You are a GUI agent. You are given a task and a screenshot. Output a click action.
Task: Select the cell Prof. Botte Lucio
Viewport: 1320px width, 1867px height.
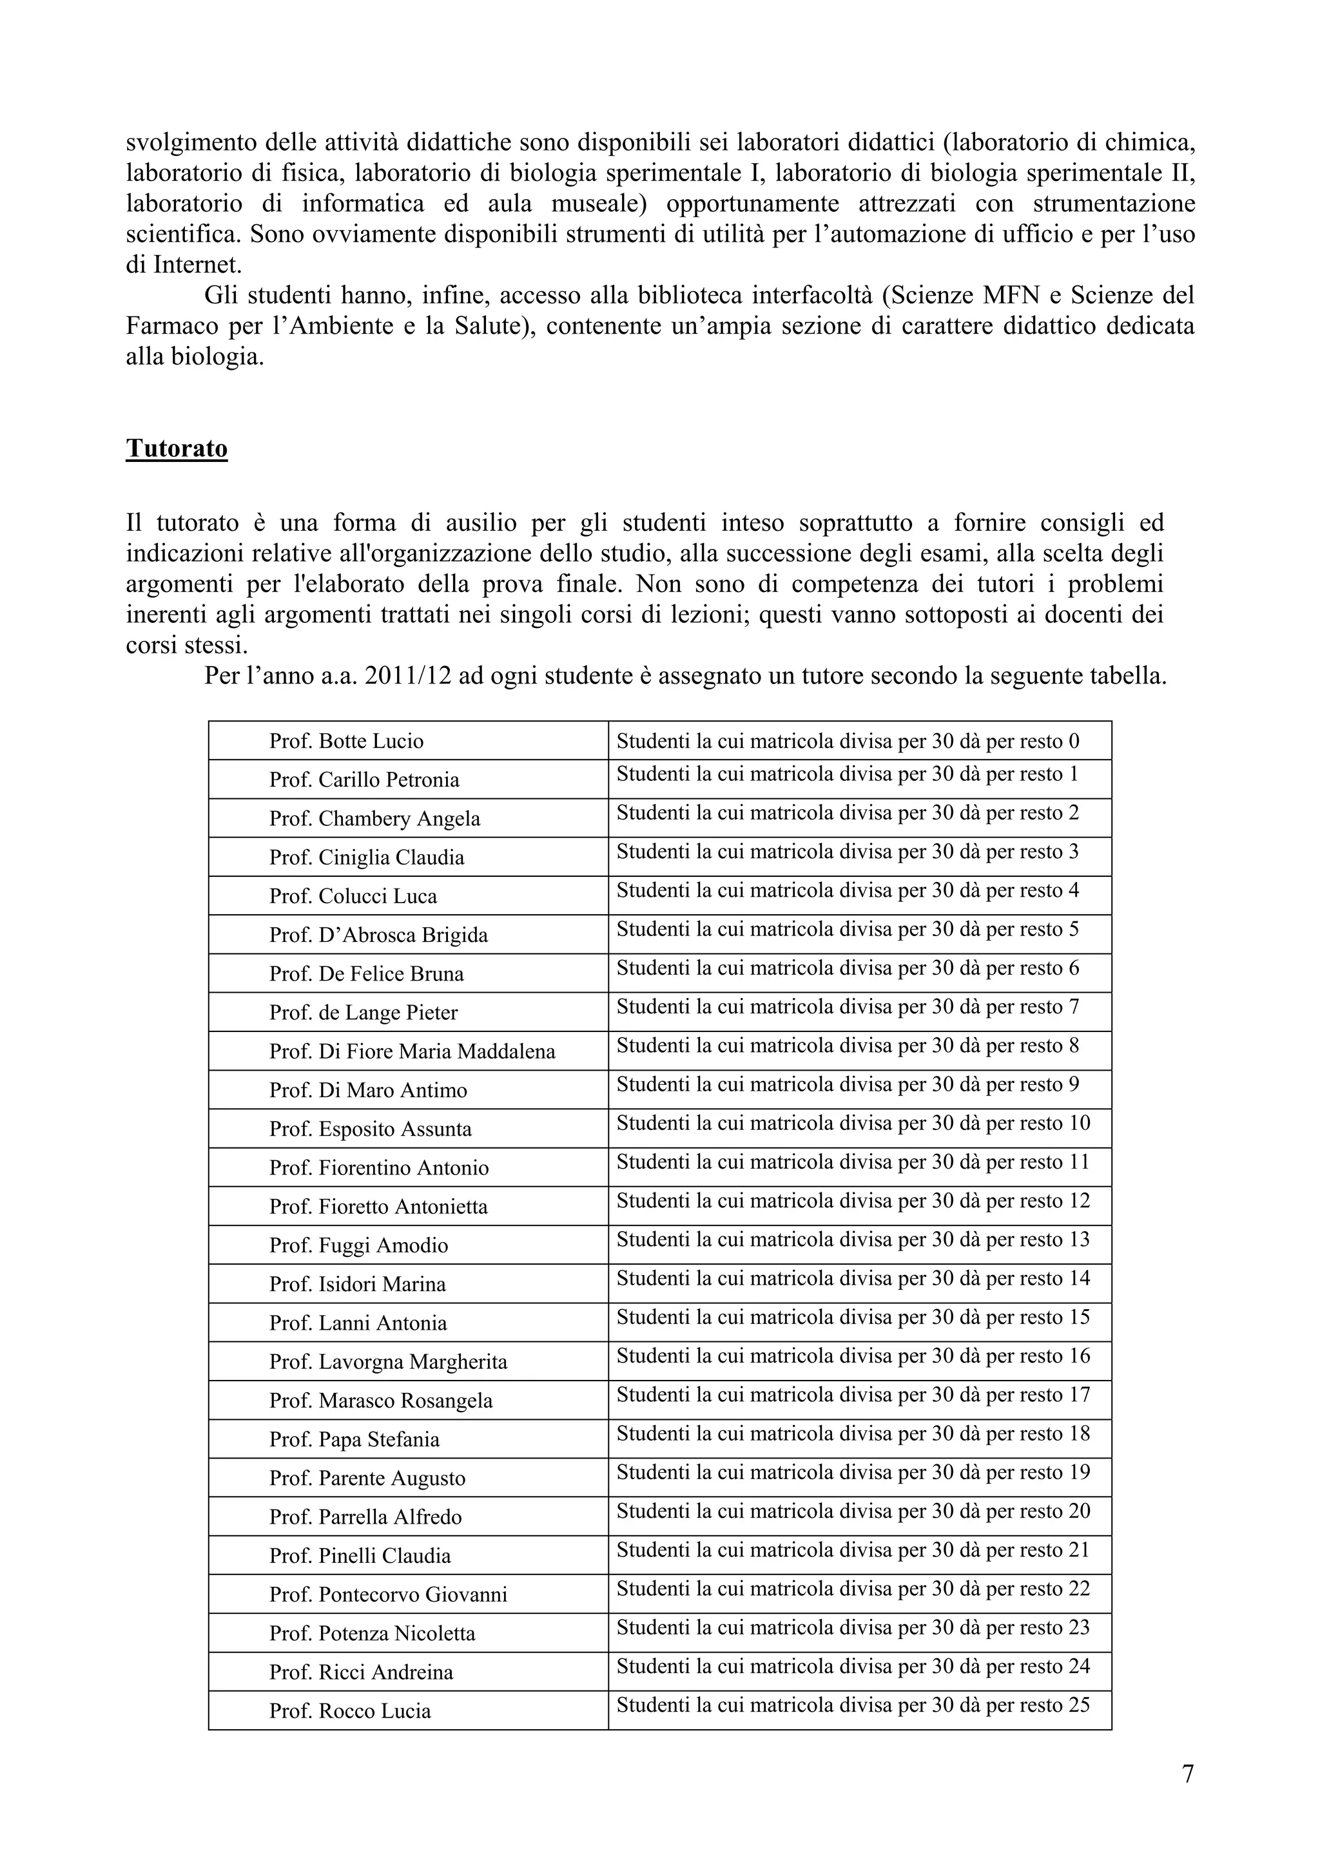tap(347, 741)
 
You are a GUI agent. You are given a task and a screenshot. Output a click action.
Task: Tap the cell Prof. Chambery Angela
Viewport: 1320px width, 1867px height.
tap(375, 818)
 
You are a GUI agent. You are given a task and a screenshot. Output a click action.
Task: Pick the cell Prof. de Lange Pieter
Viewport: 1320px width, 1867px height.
tap(364, 1012)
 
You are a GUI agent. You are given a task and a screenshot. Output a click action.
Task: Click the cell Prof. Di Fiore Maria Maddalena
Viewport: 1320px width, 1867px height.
tap(412, 1051)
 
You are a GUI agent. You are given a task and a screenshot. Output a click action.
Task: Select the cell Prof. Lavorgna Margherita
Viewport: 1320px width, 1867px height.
tap(388, 1362)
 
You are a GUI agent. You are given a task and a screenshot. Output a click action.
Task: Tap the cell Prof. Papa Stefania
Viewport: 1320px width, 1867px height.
tap(354, 1439)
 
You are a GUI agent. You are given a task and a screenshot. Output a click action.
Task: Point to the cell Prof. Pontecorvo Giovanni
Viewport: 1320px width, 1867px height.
tap(388, 1594)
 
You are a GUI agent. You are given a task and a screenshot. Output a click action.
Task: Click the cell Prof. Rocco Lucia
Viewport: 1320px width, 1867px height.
tap(350, 1711)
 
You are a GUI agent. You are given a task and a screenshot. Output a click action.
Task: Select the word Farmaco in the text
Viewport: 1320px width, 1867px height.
tap(171, 326)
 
